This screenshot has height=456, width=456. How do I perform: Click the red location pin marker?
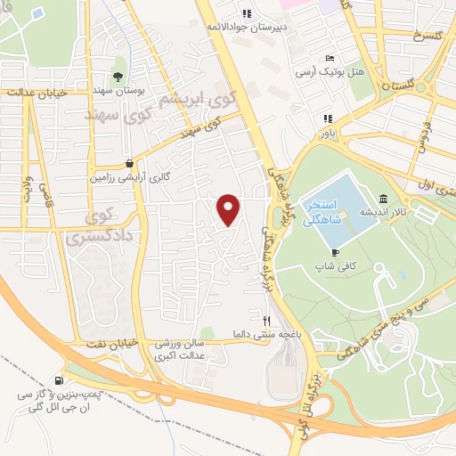(230, 209)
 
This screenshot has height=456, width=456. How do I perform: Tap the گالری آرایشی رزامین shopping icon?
(131, 163)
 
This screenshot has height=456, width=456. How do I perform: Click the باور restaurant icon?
(329, 118)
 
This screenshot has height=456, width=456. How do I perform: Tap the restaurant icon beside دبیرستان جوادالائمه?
(247, 12)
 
